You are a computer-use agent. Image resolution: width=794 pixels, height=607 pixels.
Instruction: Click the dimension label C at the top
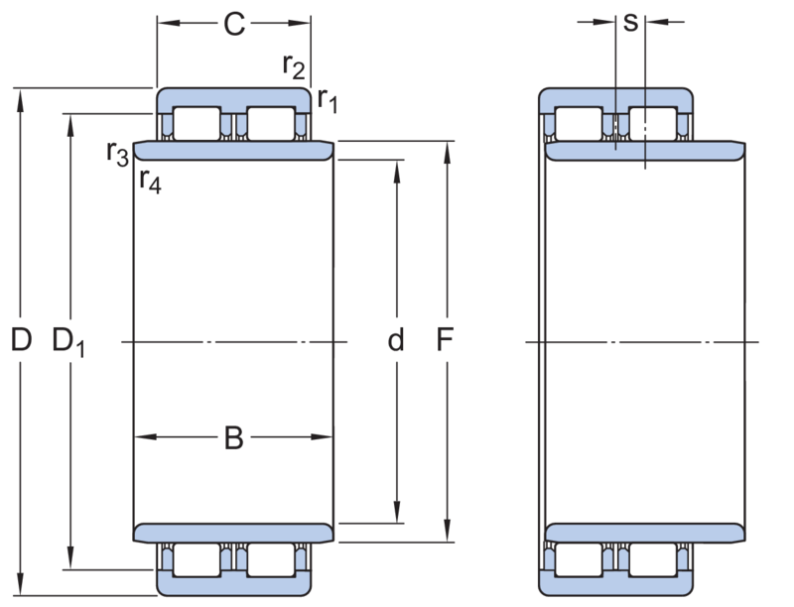click(x=234, y=24)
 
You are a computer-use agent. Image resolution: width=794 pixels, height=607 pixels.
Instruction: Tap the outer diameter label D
click(x=21, y=339)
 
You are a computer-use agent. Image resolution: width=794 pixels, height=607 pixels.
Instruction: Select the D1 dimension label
click(x=68, y=342)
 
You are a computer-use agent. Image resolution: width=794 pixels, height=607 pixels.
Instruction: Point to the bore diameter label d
click(x=396, y=339)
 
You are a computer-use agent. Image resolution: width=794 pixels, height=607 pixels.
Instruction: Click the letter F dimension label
click(x=445, y=339)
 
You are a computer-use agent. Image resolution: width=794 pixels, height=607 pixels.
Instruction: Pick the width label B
click(x=234, y=438)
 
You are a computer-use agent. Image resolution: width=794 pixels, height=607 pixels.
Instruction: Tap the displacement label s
click(x=630, y=23)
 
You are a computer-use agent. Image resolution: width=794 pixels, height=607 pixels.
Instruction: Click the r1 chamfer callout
click(x=328, y=99)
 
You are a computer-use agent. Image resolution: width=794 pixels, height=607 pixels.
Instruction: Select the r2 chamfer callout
click(x=294, y=66)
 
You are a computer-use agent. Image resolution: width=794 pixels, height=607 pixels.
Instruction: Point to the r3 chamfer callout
click(x=117, y=154)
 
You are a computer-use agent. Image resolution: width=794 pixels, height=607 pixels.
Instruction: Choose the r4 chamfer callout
click(x=151, y=181)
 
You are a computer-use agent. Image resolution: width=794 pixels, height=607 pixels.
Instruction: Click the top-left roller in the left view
click(x=197, y=123)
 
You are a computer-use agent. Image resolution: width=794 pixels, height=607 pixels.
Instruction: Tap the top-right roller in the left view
click(x=271, y=123)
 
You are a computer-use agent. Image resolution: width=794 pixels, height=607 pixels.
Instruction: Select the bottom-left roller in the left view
click(x=197, y=560)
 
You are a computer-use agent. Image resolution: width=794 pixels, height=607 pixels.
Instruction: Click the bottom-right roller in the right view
click(x=653, y=560)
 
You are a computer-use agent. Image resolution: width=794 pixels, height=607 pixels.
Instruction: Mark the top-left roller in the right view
click(x=579, y=123)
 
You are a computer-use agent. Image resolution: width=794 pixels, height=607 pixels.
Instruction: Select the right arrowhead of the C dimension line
click(x=299, y=23)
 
